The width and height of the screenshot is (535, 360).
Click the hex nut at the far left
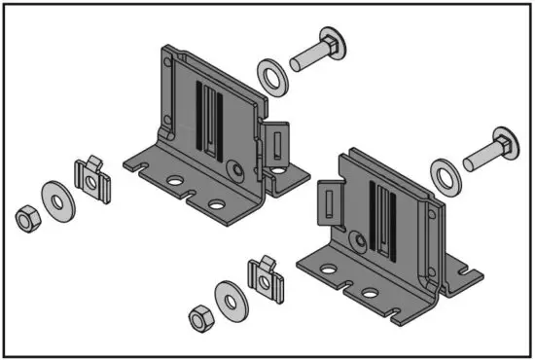[25, 218]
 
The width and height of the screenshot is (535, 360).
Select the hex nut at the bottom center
[198, 317]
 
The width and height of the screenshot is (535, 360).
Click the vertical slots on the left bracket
[208, 116]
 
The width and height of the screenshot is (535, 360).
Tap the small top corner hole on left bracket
[166, 64]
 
